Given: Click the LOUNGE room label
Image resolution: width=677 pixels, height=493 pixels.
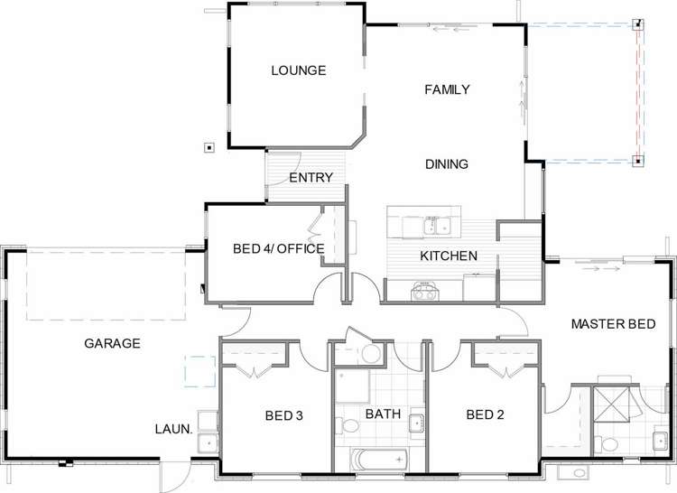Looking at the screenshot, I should point(298,70).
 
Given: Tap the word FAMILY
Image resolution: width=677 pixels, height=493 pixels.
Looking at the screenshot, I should point(448,89).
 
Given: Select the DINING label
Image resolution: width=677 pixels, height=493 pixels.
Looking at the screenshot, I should point(447,164).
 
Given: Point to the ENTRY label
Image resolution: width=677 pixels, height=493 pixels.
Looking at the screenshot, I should point(311,178).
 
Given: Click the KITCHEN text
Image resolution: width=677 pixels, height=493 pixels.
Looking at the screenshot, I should point(449,256).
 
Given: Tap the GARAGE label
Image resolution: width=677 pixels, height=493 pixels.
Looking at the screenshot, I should point(112,343).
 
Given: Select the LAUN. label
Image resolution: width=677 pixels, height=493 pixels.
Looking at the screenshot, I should point(174,431).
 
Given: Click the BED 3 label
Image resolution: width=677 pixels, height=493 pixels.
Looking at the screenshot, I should point(284,415).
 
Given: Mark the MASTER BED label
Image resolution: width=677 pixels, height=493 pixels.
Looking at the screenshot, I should point(625,323).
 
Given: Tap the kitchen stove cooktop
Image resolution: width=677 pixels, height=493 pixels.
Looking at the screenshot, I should point(424,291).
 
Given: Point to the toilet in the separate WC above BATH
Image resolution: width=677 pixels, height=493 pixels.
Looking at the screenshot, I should point(371,353).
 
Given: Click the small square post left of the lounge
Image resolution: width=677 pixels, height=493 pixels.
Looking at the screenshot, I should point(209,147).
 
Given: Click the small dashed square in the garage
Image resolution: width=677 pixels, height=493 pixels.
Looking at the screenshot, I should point(198,370).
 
